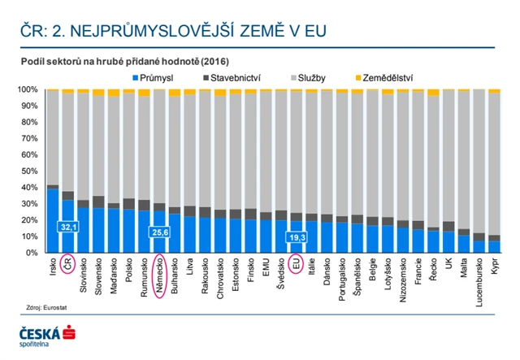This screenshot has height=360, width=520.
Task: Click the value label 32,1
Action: pyautogui.click(x=67, y=228)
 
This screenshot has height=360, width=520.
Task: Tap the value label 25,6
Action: pyautogui.click(x=159, y=232)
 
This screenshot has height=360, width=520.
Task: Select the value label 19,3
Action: pyautogui.click(x=297, y=236)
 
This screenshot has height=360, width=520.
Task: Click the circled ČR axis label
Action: pyautogui.click(x=68, y=265)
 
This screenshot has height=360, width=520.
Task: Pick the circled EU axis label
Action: pyautogui.click(x=297, y=264)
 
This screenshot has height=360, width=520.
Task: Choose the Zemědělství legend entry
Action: pyautogui.click(x=381, y=78)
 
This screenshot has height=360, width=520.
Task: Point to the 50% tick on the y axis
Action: pyautogui.click(x=28, y=171)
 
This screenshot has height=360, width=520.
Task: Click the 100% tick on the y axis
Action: pyautogui.click(x=26, y=89)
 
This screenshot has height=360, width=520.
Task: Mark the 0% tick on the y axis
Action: pyautogui.click(x=30, y=252)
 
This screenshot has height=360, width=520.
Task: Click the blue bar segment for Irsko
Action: pyautogui.click(x=53, y=220)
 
